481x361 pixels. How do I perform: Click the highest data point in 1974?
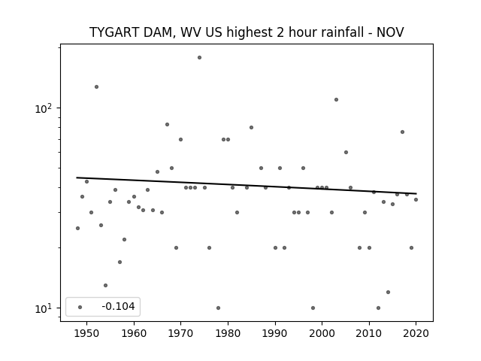pos(199,57)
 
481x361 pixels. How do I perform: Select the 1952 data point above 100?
pos(96,87)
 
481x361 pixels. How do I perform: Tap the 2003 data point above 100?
pos(336,99)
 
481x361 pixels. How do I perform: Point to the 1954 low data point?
pos(105,285)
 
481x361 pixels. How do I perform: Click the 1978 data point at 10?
pos(218,308)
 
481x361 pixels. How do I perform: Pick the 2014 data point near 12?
pos(388,292)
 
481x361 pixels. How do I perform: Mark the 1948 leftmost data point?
pos(77,228)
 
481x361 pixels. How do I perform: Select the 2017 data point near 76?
pos(402,132)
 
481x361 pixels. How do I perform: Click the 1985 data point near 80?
pos(251,127)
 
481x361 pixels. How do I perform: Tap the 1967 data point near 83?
pos(167,124)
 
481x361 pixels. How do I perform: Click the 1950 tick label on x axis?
pos(87,334)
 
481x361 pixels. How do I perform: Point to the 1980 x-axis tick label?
pos(228,334)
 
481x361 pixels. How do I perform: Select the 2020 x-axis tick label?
pos(416,334)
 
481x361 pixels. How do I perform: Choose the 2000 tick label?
pos(322,334)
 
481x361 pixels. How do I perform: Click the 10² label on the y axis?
pos(44,108)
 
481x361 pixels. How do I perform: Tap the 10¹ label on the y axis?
pos(44,308)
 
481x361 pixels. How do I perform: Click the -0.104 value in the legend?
pos(118,306)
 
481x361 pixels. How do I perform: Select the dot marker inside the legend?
pos(80,307)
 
